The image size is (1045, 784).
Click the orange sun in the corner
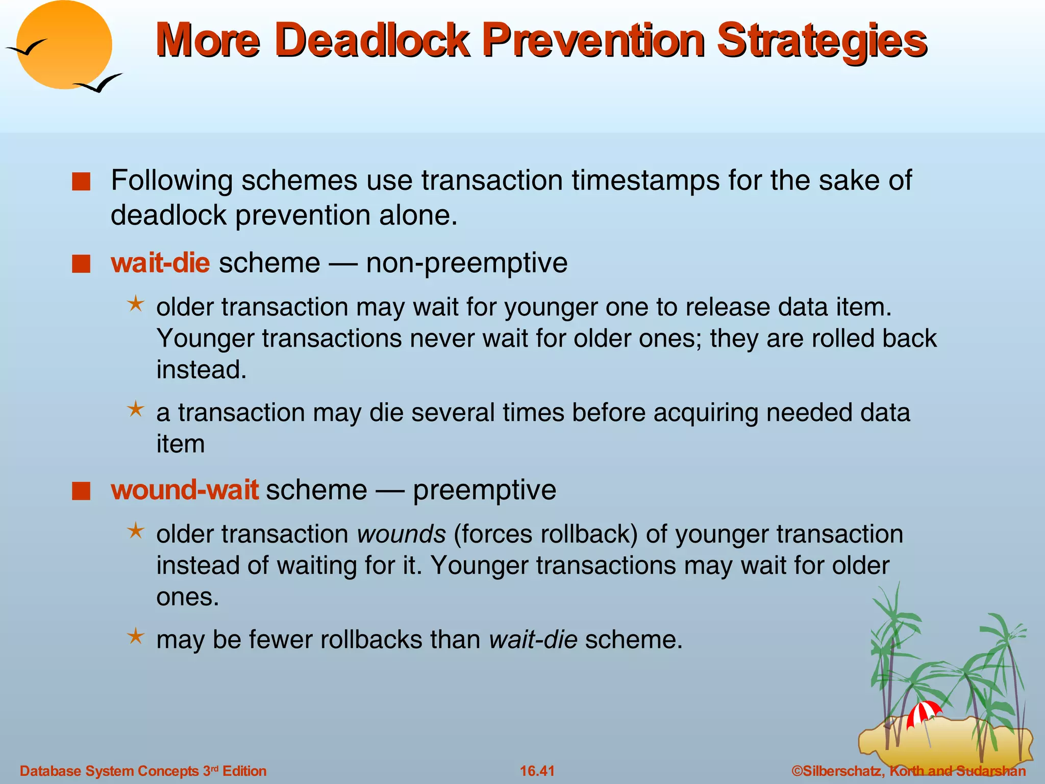[64, 45]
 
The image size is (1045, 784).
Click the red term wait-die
[160, 263]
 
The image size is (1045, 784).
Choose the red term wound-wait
[185, 490]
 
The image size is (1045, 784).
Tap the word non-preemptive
[466, 263]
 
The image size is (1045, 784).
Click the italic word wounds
[402, 534]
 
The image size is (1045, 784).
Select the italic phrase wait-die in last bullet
[533, 640]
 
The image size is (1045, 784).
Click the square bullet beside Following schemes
[81, 182]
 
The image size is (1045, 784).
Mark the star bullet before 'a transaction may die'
[136, 409]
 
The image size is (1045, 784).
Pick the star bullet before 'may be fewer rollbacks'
[136, 636]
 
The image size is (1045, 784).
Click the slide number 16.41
[537, 771]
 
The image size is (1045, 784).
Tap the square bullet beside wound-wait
[81, 491]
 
